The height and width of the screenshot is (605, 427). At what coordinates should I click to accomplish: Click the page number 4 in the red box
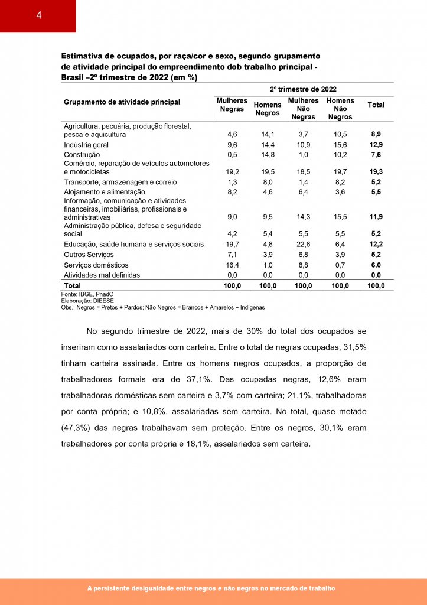point(38,16)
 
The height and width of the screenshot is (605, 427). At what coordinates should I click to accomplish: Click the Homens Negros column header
point(267,109)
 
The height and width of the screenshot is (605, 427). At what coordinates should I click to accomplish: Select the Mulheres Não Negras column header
point(303,109)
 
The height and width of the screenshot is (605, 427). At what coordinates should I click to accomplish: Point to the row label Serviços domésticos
point(96,265)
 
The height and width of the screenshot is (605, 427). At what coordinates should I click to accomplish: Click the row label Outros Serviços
point(89,255)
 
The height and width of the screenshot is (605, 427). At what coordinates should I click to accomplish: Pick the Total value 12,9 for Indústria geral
point(376,145)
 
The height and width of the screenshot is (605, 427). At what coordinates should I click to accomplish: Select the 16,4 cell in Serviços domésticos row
point(232,265)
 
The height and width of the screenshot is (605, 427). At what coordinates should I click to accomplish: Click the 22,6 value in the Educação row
point(303,244)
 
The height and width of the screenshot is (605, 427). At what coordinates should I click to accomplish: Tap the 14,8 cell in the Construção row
point(268,154)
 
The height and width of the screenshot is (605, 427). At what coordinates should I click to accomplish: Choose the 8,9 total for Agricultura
point(376,135)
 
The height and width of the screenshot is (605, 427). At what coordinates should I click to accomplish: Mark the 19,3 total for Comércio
point(376,171)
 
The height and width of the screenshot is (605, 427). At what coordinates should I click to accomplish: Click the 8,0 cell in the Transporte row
point(268,182)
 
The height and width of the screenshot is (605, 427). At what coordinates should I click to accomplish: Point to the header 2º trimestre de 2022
point(303,89)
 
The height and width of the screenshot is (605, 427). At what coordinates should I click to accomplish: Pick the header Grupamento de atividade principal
point(122,102)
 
